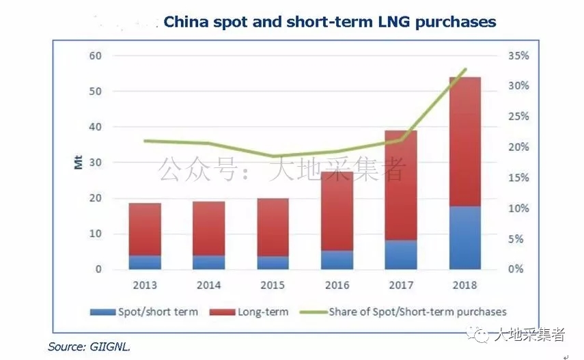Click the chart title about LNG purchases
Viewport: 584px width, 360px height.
[329, 22]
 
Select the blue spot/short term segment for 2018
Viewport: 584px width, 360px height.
[465, 237]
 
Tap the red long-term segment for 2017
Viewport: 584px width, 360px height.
[401, 184]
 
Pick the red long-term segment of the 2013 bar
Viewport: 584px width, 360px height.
[145, 229]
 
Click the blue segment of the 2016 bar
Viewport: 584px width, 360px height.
[337, 260]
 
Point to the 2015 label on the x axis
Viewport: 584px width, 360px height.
[273, 285]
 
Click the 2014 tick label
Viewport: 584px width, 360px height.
[208, 285]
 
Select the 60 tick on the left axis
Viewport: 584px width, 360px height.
[96, 55]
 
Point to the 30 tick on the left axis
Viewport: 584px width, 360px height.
[96, 163]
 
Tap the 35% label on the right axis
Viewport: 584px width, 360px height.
[518, 55]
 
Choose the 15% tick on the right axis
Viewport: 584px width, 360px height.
[518, 178]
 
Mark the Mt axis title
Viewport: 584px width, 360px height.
[77, 163]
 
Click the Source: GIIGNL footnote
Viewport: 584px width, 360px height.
[89, 346]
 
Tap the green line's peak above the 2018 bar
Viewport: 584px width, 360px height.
[465, 69]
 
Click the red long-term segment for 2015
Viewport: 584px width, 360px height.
[273, 227]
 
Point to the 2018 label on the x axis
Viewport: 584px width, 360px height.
[465, 285]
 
